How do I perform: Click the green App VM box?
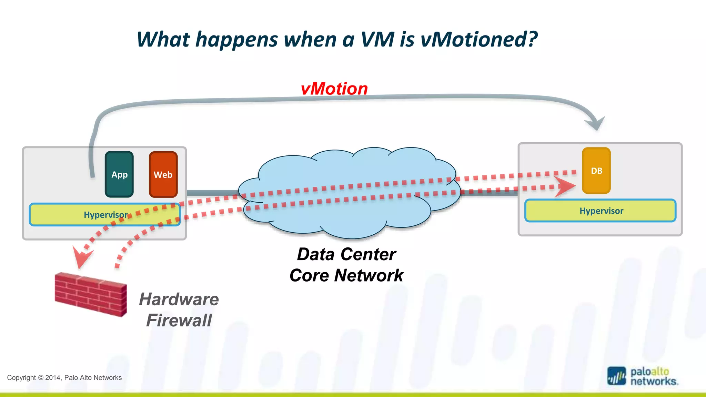point(119,174)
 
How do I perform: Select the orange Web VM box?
point(163,174)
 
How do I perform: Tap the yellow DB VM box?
point(596,171)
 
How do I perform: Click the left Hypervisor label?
point(105,215)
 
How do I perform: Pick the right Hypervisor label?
point(601,211)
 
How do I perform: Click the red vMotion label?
point(334,89)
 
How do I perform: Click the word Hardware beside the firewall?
point(179,299)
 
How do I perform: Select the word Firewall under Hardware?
point(179,320)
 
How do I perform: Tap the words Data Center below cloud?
point(346,254)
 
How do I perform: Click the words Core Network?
point(346,275)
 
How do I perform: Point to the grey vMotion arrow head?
point(596,123)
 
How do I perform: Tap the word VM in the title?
point(377,39)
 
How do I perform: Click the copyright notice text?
point(64,378)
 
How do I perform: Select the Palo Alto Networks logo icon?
point(616,376)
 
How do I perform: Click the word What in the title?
point(163,39)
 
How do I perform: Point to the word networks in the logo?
point(654,381)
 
